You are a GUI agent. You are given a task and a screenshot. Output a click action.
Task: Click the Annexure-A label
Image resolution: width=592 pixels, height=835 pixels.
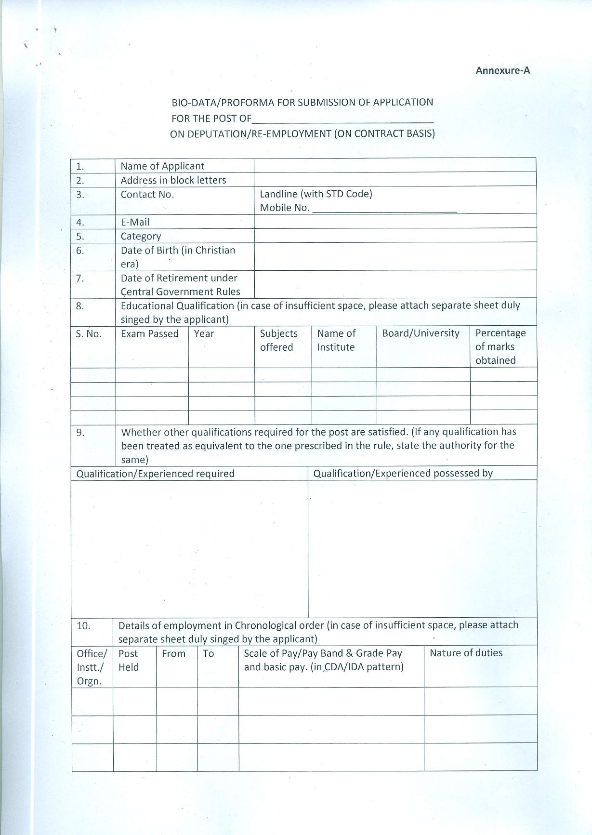pyautogui.click(x=502, y=70)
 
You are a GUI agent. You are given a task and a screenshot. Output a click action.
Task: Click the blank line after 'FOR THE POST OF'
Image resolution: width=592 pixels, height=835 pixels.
pyautogui.click(x=342, y=119)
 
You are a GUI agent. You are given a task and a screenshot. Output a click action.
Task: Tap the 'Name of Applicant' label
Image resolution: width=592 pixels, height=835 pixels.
pyautogui.click(x=162, y=166)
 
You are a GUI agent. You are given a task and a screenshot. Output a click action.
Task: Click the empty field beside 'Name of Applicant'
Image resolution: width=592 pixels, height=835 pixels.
pyautogui.click(x=395, y=165)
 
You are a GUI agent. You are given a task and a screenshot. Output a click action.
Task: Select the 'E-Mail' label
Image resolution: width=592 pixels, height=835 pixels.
pyautogui.click(x=135, y=222)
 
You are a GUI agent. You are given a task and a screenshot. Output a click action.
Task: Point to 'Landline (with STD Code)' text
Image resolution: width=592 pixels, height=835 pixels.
pyautogui.click(x=316, y=194)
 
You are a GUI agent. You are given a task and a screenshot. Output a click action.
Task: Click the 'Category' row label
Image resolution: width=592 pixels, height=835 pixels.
pyautogui.click(x=141, y=236)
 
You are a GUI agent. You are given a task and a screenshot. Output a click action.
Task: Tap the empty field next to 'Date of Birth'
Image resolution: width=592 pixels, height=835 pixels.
pyautogui.click(x=395, y=256)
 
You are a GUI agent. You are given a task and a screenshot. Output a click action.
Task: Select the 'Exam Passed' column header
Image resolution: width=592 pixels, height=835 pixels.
pyautogui.click(x=150, y=333)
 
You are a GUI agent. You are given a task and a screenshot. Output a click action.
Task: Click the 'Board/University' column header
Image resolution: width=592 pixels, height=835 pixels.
pyautogui.click(x=421, y=333)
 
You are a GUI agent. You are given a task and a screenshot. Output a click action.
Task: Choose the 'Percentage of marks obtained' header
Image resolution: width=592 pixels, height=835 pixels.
pyautogui.click(x=500, y=346)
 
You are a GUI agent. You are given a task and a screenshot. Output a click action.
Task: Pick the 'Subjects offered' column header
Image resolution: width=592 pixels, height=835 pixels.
pyautogui.click(x=278, y=340)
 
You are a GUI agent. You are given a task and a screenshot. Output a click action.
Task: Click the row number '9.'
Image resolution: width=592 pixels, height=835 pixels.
pyautogui.click(x=80, y=432)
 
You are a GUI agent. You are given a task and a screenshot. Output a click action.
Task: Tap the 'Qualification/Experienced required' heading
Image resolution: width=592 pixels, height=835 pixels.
pyautogui.click(x=155, y=474)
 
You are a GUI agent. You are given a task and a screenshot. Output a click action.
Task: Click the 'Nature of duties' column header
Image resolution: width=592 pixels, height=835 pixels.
pyautogui.click(x=466, y=653)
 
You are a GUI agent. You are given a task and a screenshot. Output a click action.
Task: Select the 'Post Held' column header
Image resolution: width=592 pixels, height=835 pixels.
pyautogui.click(x=129, y=660)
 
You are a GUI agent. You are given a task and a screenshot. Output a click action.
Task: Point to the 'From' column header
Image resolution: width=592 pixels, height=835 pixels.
pyautogui.click(x=173, y=653)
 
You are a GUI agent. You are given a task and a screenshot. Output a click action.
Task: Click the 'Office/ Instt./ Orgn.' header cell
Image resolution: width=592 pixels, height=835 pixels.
pyautogui.click(x=92, y=667)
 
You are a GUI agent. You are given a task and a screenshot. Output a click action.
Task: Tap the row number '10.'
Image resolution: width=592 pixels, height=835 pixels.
pyautogui.click(x=83, y=625)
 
